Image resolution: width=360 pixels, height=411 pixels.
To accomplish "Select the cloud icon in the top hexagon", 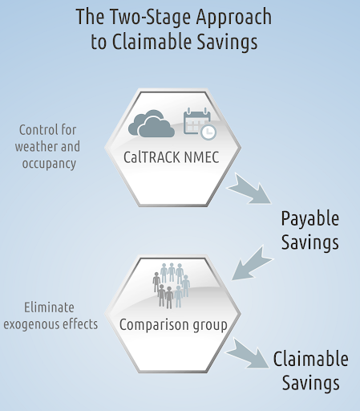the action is click(152, 124).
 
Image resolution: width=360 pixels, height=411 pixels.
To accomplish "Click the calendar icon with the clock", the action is click(200, 124).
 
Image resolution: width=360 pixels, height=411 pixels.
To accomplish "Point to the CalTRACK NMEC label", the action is click(172, 157).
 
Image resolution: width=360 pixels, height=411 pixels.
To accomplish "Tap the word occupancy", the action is click(49, 164).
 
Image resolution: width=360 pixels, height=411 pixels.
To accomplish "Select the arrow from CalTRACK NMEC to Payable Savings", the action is click(249, 189).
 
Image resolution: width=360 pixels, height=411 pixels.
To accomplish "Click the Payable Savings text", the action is click(310, 230).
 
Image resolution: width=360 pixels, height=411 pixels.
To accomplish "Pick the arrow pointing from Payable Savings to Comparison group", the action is click(252, 263).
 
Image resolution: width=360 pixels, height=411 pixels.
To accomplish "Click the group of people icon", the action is click(172, 286).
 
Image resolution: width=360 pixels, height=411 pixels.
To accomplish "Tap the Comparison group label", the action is click(173, 325).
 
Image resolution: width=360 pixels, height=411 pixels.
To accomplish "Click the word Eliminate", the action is click(49, 307).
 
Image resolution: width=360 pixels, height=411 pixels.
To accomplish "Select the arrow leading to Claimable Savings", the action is click(248, 353).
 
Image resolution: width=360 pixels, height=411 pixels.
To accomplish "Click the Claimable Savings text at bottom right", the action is click(310, 371).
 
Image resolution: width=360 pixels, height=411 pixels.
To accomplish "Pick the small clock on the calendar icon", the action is click(208, 132).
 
